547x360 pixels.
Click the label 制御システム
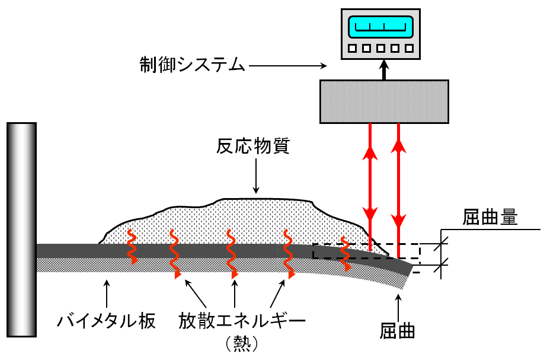click(192, 64)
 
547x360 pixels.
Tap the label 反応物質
click(253, 146)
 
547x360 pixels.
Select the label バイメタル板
click(107, 321)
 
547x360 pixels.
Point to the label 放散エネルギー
click(242, 321)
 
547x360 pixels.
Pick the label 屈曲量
click(490, 218)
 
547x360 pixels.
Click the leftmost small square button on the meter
click(353, 49)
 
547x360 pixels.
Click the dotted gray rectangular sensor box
click(384, 101)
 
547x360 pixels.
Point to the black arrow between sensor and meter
click(384, 70)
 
